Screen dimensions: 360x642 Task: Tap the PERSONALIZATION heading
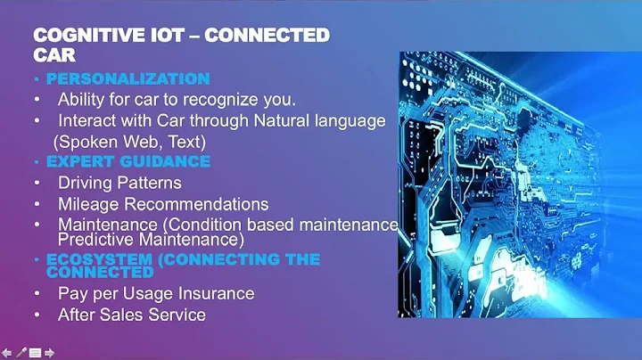click(128, 78)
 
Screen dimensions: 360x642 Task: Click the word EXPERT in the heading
click(81, 161)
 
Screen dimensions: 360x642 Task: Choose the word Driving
click(86, 183)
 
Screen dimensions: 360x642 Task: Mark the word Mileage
click(87, 204)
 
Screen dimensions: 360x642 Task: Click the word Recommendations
click(194, 204)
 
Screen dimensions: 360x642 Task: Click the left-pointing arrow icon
click(7, 353)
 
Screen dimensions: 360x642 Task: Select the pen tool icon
click(21, 353)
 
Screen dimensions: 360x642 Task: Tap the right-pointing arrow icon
click(50, 353)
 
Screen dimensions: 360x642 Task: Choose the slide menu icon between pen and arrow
click(36, 353)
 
